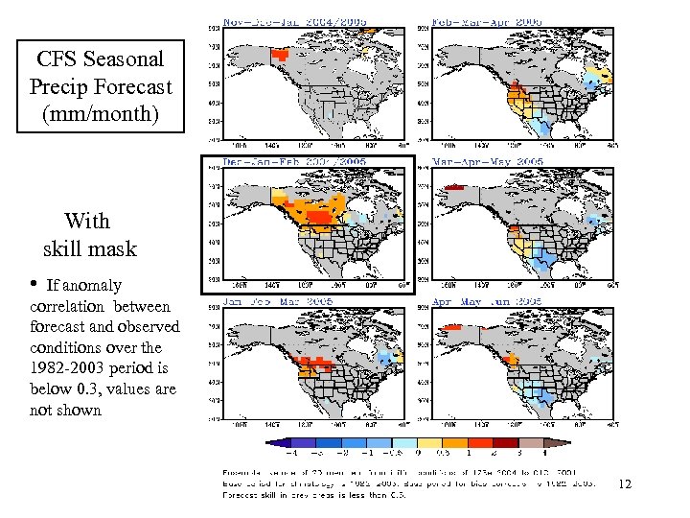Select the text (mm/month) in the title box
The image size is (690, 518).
click(x=101, y=113)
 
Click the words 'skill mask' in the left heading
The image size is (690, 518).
click(x=90, y=249)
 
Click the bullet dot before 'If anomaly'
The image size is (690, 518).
click(x=34, y=285)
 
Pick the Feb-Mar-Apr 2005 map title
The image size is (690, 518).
click(x=488, y=21)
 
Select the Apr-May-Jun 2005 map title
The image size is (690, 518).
click(x=488, y=301)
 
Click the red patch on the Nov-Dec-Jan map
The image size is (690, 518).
click(x=281, y=56)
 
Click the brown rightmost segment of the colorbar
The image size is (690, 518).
click(x=558, y=443)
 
